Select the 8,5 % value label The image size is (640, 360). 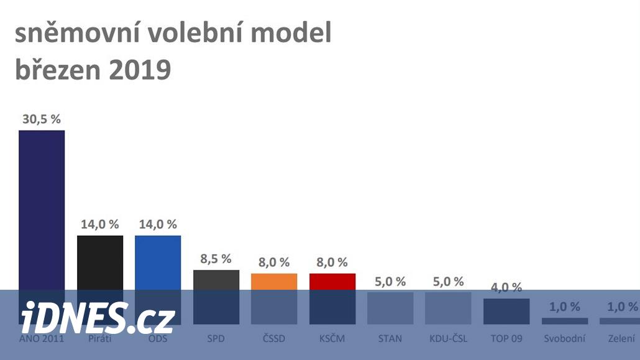pos(216,258)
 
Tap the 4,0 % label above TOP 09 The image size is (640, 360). pos(506,287)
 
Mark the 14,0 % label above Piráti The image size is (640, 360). pos(99,224)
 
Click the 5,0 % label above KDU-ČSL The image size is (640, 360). pos(448,281)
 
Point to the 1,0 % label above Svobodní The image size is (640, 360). pos(564,307)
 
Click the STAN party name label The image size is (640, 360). pos(390,339)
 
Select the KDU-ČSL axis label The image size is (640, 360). pos(448,339)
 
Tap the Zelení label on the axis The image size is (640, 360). pos(621,339)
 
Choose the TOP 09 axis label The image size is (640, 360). pos(506,339)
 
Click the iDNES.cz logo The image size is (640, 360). pos(98,318)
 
